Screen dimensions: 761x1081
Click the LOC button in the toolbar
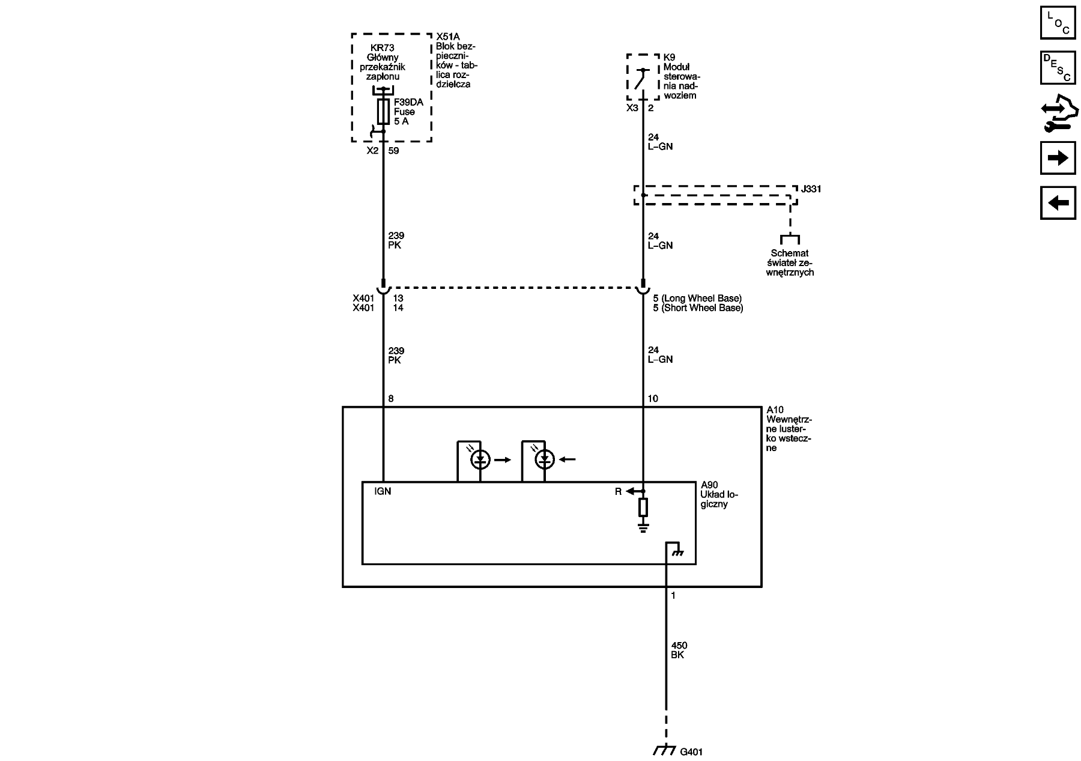[1058, 22]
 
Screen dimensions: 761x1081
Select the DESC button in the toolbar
[1058, 67]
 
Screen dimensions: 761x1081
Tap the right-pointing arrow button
[1058, 158]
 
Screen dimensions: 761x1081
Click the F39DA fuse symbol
[383, 112]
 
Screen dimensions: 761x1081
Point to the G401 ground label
[691, 751]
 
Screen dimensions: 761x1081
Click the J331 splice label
[811, 189]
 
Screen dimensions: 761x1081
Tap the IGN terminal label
[383, 491]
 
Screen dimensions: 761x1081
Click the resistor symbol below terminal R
[643, 508]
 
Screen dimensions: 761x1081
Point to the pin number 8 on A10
[391, 399]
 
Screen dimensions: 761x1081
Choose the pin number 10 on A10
[653, 399]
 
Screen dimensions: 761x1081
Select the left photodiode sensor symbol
[480, 460]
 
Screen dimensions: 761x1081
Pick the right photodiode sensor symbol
[545, 460]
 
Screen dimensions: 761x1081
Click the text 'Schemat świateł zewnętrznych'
[790, 263]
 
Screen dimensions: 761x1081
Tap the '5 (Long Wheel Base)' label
[697, 299]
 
